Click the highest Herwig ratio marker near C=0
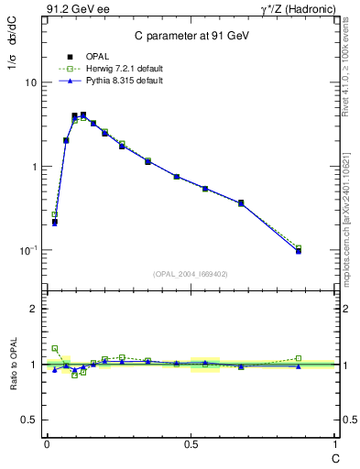pos(55,348)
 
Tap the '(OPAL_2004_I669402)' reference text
pos(191,273)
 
